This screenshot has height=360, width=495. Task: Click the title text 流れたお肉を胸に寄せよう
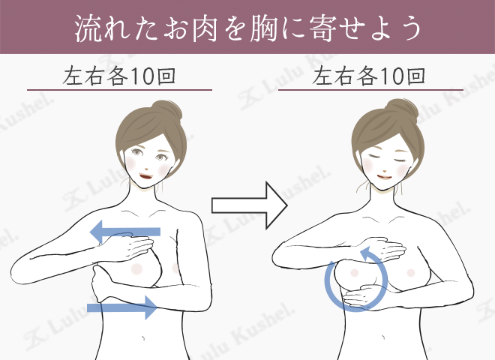tap(247, 28)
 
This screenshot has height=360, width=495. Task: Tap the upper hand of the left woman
tap(135, 247)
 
